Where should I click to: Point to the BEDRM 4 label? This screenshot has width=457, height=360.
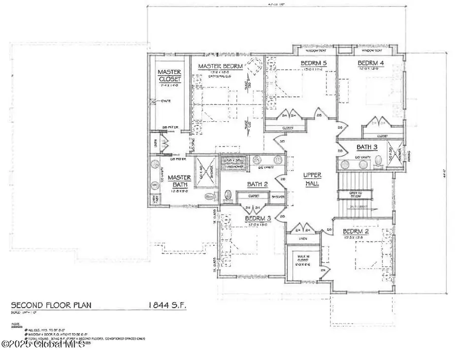pos(370,63)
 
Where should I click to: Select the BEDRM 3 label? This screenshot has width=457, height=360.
pos(258,218)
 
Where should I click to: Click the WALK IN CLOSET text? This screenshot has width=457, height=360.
pos(304,258)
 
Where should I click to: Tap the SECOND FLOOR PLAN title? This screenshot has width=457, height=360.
pos(48,305)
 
